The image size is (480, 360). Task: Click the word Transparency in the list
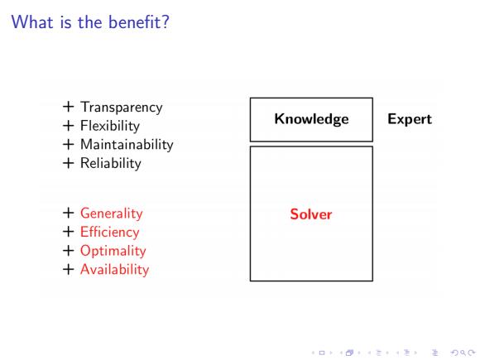point(122,108)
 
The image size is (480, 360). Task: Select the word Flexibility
point(110,126)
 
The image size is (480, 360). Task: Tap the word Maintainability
point(127,145)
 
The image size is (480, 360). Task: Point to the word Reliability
point(111,163)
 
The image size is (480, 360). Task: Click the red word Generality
point(112,214)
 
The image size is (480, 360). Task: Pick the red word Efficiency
point(110,232)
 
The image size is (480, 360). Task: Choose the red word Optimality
point(113,251)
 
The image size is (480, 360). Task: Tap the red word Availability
point(115,270)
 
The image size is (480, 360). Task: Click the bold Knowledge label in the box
point(311,119)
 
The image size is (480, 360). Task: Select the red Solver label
point(311,214)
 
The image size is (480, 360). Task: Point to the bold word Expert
point(410,119)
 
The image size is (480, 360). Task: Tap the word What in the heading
point(32,22)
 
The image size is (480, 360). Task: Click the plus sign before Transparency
point(68,107)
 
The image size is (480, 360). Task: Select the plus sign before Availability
point(68,270)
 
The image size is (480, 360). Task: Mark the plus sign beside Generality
point(68,213)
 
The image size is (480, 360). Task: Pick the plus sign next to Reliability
point(68,163)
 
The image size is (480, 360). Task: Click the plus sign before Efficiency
point(68,232)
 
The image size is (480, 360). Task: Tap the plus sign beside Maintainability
point(68,144)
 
